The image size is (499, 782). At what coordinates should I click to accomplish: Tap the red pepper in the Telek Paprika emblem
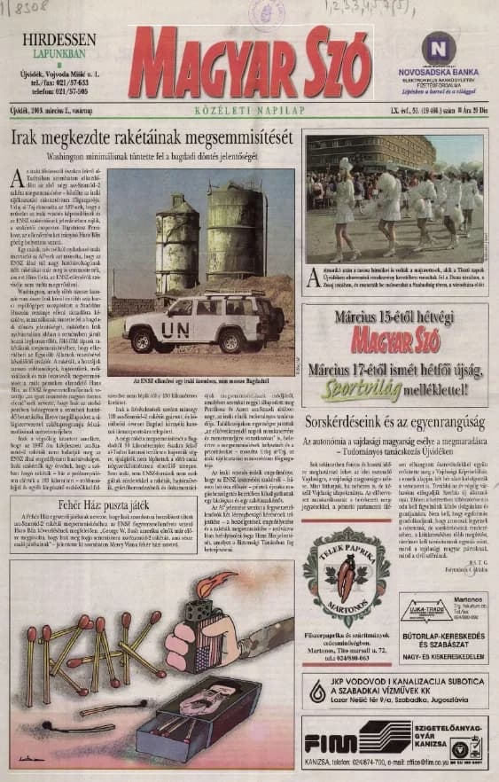point(345,577)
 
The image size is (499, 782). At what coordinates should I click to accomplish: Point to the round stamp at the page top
point(264,12)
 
